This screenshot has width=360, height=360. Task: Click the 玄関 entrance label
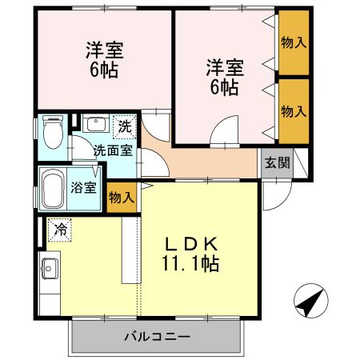278,162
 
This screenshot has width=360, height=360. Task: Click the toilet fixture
53,132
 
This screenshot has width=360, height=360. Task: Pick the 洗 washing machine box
125,126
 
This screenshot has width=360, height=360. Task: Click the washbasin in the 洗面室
95,126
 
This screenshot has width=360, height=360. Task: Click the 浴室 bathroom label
85,189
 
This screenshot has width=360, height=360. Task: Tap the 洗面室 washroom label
109,150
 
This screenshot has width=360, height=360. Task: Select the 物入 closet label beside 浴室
122,197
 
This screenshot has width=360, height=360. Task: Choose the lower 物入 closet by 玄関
294,110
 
